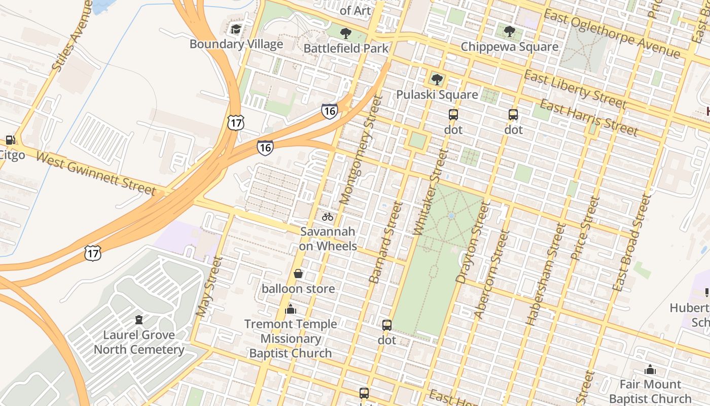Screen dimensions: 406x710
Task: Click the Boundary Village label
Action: pyautogui.click(x=236, y=44)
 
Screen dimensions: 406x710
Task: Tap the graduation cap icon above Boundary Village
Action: pyautogui.click(x=236, y=29)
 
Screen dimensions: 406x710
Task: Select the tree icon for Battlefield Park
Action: pyautogui.click(x=346, y=33)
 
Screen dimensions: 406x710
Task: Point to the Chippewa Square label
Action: pyautogui.click(x=509, y=47)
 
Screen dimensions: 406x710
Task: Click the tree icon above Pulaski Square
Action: pyautogui.click(x=437, y=79)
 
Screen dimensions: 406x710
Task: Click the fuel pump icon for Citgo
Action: pyautogui.click(x=10, y=140)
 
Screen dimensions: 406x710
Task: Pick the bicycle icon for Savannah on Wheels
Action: pyautogui.click(x=328, y=217)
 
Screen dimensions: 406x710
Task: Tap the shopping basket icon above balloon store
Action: pyautogui.click(x=298, y=274)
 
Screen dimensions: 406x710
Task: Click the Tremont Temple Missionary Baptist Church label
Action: pyautogui.click(x=290, y=339)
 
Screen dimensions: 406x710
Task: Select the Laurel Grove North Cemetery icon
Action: pyautogui.click(x=138, y=320)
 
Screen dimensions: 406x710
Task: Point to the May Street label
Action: pyautogui.click(x=209, y=287)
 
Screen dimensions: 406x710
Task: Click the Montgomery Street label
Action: pyautogui.click(x=360, y=150)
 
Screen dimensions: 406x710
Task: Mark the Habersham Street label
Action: pyautogui.click(x=546, y=274)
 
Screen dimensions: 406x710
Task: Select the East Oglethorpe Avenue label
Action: pyautogui.click(x=611, y=33)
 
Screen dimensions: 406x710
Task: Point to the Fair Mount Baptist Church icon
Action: pyautogui.click(x=650, y=369)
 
